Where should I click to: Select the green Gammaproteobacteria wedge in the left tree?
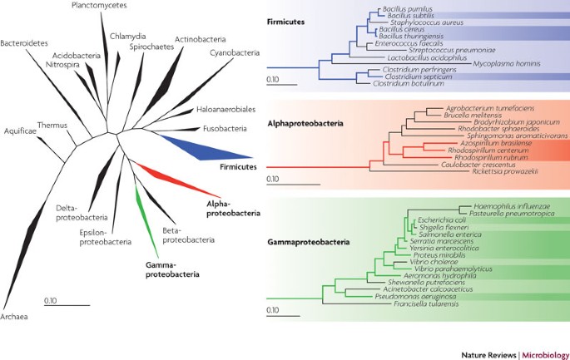pos(143,216)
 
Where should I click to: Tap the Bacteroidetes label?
pos(25,42)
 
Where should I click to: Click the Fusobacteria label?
pos(221,129)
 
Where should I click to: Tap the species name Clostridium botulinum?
pos(394,83)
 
